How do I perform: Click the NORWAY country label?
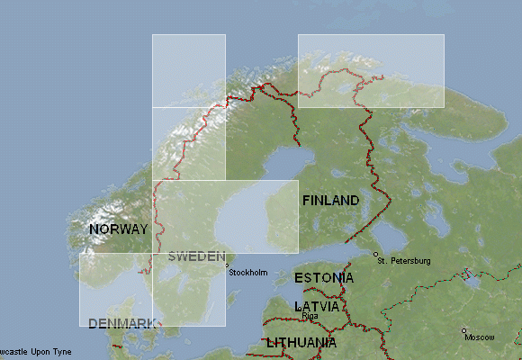click(118, 229)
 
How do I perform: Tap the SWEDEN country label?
click(196, 256)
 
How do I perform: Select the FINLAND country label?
click(330, 200)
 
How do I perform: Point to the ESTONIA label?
click(324, 277)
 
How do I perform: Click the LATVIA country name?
click(317, 306)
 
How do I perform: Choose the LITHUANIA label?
click(301, 343)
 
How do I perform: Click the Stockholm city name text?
click(248, 272)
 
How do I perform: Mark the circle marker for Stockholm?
click(227, 265)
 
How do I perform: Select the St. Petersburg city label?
click(404, 261)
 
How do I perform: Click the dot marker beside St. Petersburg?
click(375, 254)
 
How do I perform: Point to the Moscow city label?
click(479, 337)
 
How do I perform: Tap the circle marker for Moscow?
click(464, 330)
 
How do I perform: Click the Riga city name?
click(310, 316)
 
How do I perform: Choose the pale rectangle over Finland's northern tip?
click(371, 70)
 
